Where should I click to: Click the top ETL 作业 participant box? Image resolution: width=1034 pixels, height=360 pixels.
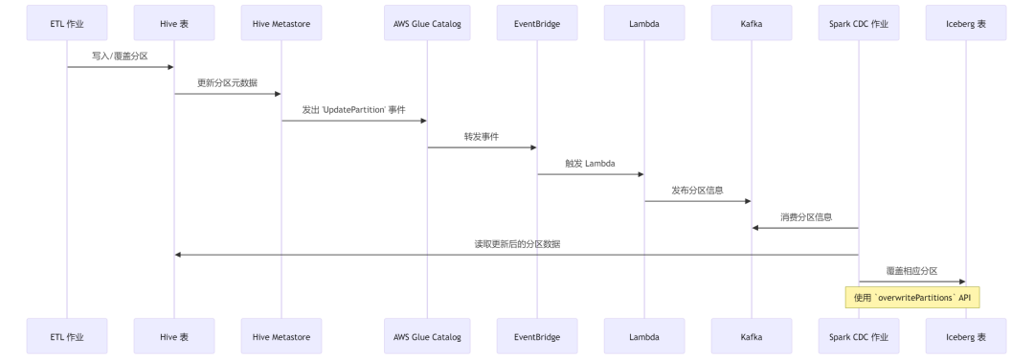(67, 22)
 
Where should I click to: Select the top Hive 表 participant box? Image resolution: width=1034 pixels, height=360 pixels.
(174, 22)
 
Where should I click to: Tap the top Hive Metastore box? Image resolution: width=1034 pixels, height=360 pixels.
(281, 22)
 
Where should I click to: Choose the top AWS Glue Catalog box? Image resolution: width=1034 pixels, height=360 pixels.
(427, 22)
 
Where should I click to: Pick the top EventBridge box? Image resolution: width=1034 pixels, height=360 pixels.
(536, 22)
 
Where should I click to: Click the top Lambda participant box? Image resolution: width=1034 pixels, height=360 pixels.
(643, 22)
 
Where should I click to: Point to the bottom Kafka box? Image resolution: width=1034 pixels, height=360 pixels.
(751, 337)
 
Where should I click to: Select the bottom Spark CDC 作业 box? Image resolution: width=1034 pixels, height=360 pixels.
(858, 337)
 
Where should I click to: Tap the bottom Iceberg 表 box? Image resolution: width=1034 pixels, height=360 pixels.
(965, 337)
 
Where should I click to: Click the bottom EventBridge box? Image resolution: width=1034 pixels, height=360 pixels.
(536, 337)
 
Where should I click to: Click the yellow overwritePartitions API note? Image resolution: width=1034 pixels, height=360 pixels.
(912, 299)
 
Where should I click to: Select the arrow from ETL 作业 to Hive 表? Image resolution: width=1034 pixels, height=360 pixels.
(121, 67)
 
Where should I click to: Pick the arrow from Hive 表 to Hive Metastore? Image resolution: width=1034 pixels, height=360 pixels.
(228, 94)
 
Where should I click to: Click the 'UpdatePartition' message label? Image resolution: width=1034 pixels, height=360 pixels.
(353, 109)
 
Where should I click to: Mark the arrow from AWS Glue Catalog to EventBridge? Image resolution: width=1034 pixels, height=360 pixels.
(482, 147)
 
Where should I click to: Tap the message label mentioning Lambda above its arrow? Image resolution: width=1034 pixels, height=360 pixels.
(590, 163)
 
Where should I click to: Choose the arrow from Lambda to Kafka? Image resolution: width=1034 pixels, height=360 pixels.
(697, 201)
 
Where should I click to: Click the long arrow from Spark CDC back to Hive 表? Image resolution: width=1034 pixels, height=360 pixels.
(516, 255)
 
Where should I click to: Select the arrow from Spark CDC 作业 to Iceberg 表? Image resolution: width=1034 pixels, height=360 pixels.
(911, 281)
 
